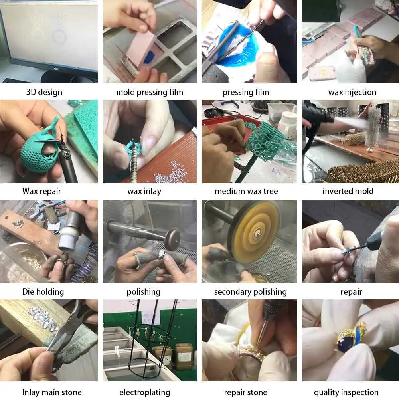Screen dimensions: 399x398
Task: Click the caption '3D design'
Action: coord(44,92)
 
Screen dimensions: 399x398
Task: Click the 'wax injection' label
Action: coord(352,92)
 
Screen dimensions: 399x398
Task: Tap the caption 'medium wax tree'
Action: coord(246,191)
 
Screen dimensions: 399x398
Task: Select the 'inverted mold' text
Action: coord(348,191)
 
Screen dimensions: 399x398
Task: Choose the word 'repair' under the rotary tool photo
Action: coord(351,291)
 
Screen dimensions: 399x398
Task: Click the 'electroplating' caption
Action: coord(144,392)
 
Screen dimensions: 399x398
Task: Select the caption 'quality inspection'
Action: coord(346,392)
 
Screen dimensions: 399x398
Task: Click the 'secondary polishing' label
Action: coord(251,291)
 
